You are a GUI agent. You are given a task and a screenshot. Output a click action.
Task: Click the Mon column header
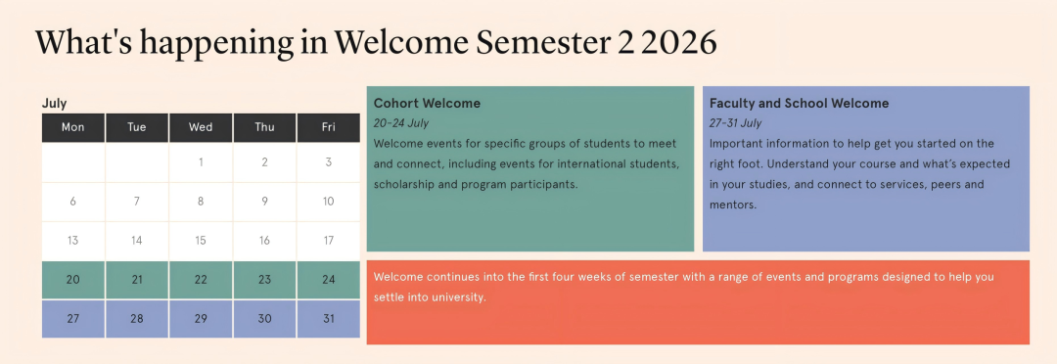(x=72, y=127)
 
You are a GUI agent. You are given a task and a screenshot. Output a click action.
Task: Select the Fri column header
(x=328, y=127)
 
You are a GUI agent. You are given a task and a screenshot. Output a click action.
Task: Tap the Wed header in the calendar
(x=201, y=127)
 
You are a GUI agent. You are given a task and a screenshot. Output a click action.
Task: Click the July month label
(x=54, y=103)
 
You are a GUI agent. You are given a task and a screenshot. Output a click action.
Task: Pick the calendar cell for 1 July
(x=201, y=161)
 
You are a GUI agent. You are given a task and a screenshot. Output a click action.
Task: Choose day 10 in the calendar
(x=328, y=201)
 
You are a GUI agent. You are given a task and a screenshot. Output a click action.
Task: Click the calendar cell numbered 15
(x=201, y=241)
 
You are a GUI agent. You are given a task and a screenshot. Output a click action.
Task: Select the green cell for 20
(x=72, y=280)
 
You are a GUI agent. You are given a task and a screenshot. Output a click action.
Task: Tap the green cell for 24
(x=328, y=280)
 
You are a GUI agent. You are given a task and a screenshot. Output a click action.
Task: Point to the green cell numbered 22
(x=201, y=280)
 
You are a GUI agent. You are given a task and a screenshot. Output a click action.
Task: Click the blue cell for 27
(x=72, y=319)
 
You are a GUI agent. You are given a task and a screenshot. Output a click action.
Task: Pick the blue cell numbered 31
(x=328, y=319)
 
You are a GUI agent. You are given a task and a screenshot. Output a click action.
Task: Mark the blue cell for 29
(x=201, y=319)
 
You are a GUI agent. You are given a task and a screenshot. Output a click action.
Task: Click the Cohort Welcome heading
(x=427, y=103)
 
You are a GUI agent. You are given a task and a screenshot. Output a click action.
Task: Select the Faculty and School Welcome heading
(x=799, y=103)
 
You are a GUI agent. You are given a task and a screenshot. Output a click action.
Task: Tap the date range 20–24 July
(x=401, y=123)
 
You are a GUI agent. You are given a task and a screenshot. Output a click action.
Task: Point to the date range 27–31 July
(x=735, y=123)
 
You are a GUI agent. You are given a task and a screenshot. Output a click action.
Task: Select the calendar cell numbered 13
(x=72, y=241)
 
